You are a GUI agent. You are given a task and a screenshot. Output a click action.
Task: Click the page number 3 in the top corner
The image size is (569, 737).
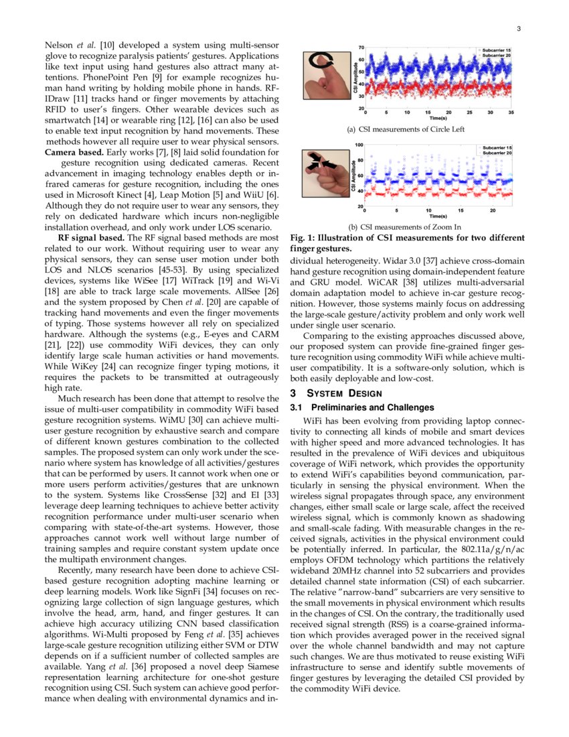tap(519, 29)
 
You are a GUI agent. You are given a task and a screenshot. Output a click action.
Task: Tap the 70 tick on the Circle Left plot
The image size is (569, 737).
tap(361, 48)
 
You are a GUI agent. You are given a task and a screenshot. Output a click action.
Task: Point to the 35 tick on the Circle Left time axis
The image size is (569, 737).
tap(511, 113)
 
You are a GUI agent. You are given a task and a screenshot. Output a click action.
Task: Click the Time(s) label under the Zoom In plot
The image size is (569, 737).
tap(438, 216)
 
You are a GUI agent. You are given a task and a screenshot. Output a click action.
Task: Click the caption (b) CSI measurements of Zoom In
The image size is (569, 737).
tap(401, 227)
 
